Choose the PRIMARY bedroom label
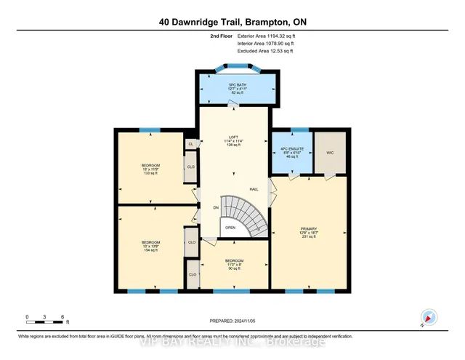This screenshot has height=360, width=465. (310, 233)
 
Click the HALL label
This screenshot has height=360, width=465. (254, 190)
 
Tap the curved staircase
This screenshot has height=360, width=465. (243, 215)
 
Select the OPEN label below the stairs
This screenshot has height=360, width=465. (230, 228)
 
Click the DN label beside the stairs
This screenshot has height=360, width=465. (216, 208)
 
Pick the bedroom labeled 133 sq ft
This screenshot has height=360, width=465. (150, 169)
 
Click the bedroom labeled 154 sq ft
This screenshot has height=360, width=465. (150, 247)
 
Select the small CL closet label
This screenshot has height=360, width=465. (190, 144)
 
